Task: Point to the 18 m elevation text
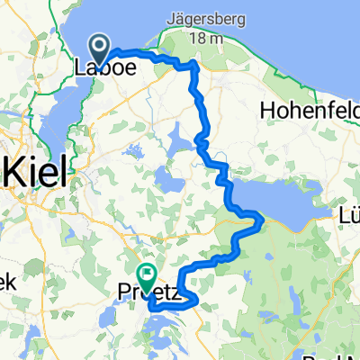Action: point(206,36)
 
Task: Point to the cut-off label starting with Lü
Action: point(347,215)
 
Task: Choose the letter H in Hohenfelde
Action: point(265,110)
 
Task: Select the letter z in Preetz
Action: point(179,291)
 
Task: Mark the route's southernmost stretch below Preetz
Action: point(171,308)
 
